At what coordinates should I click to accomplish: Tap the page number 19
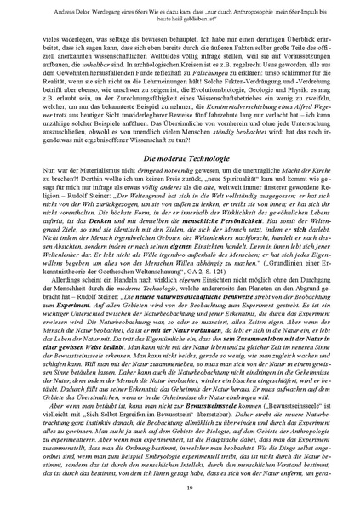180,485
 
